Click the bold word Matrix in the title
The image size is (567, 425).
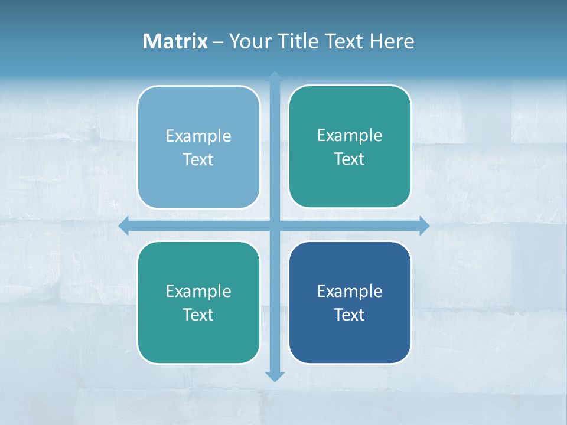175,41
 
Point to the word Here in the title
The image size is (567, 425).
392,41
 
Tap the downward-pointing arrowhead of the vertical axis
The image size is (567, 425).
275,377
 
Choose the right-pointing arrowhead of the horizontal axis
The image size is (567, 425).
424,225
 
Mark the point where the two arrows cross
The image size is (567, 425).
275,225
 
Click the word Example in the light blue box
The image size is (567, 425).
198,136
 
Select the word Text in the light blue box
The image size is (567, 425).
198,160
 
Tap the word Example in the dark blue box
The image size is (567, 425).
350,291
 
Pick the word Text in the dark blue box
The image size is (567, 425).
350,315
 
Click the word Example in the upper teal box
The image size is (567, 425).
350,136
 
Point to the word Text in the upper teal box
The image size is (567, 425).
350,159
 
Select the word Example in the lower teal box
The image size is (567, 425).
198,291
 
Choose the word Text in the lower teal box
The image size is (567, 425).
198,315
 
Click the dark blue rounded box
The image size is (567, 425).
350,342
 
